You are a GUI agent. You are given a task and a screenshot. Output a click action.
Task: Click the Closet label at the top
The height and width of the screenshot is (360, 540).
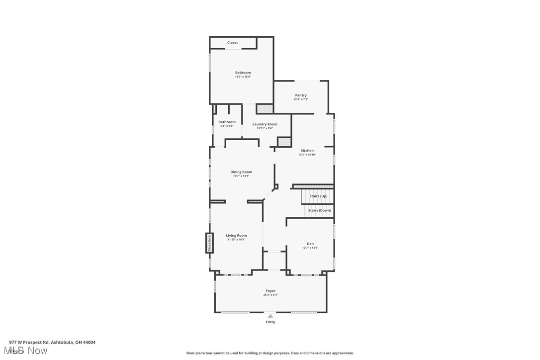click(x=232, y=43)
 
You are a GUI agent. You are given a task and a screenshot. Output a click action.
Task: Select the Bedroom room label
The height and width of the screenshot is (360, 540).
click(x=243, y=73)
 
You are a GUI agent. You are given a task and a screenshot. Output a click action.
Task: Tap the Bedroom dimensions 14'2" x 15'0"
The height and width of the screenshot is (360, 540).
click(x=243, y=77)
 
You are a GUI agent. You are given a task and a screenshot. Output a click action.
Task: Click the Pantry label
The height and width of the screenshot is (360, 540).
click(x=301, y=95)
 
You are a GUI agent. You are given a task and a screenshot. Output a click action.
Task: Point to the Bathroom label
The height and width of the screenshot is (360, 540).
click(x=227, y=122)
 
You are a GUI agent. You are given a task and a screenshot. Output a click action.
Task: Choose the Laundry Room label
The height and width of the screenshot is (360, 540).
click(x=265, y=124)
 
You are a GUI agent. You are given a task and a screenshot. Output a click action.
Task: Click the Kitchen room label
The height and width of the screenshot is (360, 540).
click(x=307, y=151)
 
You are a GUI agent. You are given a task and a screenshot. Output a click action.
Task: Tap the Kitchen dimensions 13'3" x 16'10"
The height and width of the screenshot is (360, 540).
click(x=307, y=155)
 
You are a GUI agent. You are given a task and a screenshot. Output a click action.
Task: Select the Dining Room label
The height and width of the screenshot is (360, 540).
click(x=241, y=172)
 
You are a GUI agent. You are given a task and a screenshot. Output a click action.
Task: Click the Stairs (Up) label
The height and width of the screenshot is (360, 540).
click(x=318, y=196)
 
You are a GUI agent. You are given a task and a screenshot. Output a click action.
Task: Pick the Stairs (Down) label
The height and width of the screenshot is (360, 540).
click(x=319, y=210)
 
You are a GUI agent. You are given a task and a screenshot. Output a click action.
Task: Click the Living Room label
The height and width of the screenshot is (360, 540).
click(x=236, y=235)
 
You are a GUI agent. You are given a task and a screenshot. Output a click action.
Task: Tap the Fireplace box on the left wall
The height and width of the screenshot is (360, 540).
click(x=209, y=243)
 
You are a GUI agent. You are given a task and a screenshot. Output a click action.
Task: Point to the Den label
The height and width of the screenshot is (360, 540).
click(x=310, y=244)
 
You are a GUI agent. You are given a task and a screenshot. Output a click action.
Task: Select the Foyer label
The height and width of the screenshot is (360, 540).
click(x=270, y=291)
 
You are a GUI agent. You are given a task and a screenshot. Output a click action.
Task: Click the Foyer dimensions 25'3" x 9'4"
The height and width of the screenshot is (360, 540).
click(x=270, y=295)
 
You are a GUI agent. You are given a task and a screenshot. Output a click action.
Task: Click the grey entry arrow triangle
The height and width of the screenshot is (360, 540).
click(x=270, y=315)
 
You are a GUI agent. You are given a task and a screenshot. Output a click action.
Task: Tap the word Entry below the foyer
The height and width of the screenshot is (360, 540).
click(x=270, y=322)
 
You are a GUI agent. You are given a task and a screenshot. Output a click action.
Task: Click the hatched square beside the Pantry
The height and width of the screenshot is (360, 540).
click(x=265, y=108)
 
